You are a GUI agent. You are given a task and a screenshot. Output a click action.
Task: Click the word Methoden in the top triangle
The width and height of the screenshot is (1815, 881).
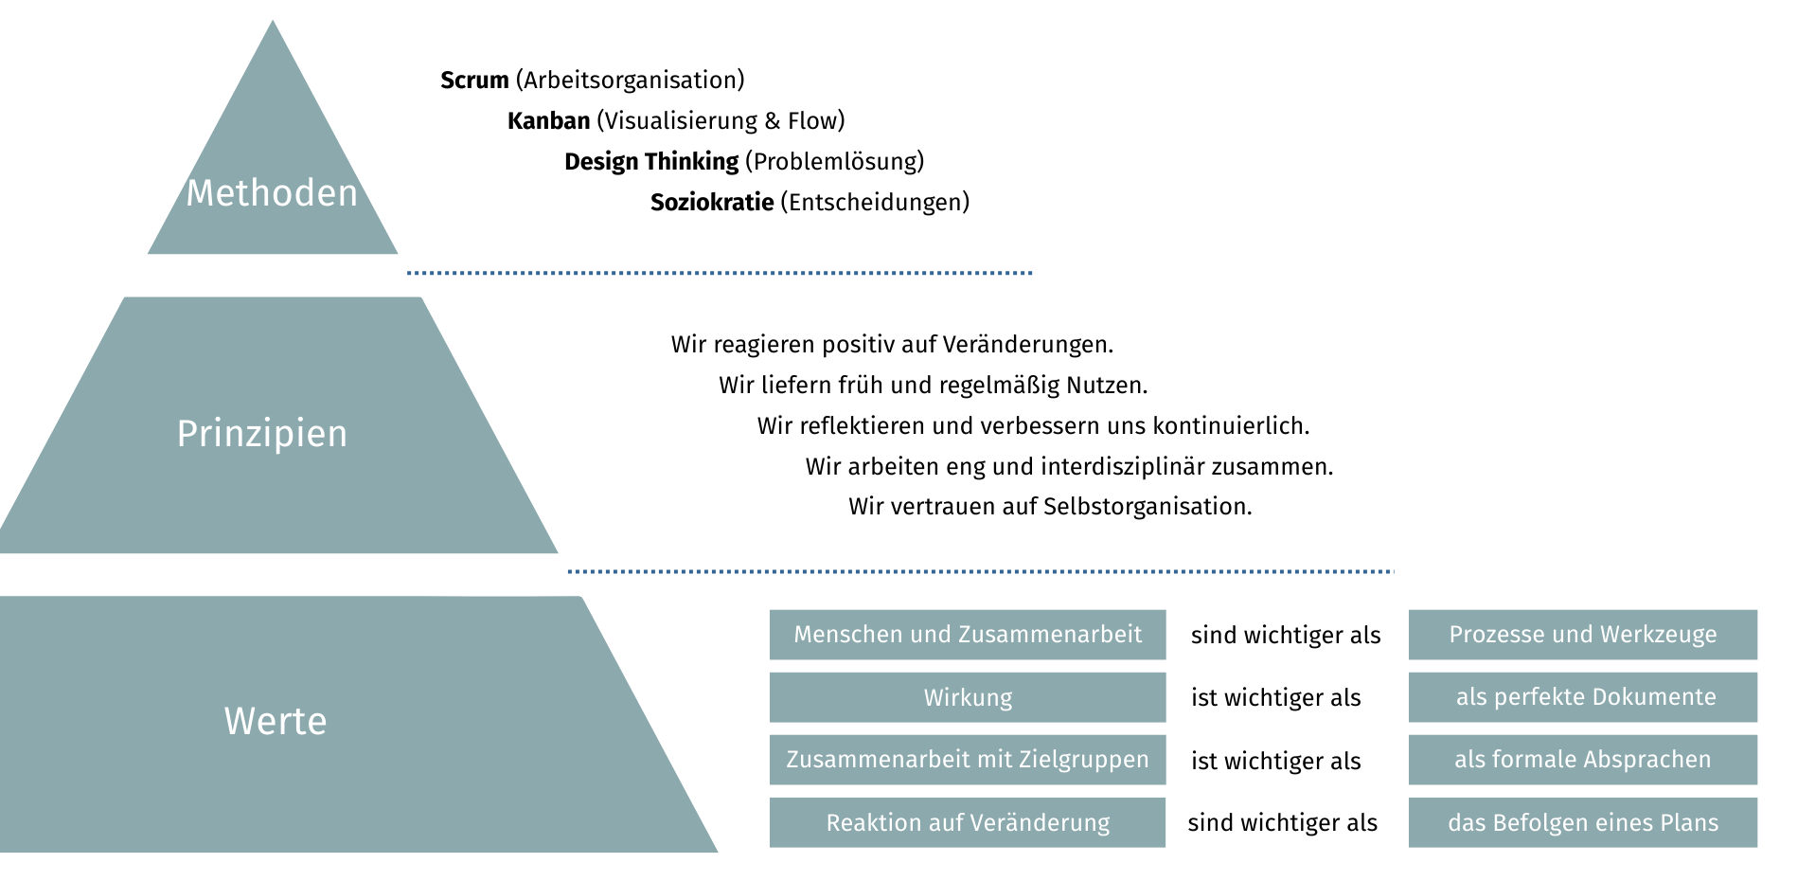coord(272,193)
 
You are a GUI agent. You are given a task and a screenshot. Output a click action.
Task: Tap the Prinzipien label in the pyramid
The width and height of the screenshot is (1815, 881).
coord(262,434)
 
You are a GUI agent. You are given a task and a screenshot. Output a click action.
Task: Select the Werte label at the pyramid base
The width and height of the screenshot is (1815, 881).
coord(276,722)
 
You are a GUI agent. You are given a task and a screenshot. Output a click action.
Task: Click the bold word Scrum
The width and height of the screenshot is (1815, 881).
coord(474,81)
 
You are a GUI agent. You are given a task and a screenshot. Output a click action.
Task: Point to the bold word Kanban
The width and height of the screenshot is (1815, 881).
coord(548,121)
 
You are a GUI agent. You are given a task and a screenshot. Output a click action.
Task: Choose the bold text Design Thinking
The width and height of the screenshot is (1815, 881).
coord(651,162)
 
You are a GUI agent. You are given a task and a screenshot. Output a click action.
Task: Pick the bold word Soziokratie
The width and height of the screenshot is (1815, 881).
coord(712,203)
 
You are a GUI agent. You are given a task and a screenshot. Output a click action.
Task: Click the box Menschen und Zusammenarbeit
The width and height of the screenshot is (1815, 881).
coord(968,635)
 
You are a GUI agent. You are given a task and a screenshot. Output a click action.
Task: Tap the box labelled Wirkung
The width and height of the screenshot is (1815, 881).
coord(968,698)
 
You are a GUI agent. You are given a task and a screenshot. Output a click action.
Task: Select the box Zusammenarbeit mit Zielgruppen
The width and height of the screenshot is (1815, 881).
coord(968,760)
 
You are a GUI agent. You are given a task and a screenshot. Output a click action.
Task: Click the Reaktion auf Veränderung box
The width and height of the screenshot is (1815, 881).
coord(968,822)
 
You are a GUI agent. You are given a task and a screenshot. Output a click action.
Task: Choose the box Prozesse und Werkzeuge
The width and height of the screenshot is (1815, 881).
coord(1582,635)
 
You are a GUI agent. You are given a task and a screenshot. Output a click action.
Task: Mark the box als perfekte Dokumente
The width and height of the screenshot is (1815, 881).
coord(1582,697)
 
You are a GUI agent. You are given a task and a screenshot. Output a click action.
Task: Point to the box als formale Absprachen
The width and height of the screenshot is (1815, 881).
coord(1582,760)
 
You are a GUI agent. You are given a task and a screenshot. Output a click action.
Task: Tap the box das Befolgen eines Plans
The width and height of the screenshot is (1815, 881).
coord(1582,822)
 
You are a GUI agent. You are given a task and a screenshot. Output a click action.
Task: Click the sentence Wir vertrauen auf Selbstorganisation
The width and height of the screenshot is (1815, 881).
coord(1050,507)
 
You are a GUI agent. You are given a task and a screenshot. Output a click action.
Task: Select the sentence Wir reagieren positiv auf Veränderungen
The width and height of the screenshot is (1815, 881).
coord(892,345)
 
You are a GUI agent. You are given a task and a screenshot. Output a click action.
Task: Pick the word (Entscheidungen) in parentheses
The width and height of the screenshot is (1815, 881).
coord(875,203)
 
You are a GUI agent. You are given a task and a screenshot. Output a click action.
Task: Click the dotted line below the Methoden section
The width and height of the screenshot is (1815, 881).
coord(720,273)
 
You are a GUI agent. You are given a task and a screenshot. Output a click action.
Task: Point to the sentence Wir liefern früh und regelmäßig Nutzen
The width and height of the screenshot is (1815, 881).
coord(933,386)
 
